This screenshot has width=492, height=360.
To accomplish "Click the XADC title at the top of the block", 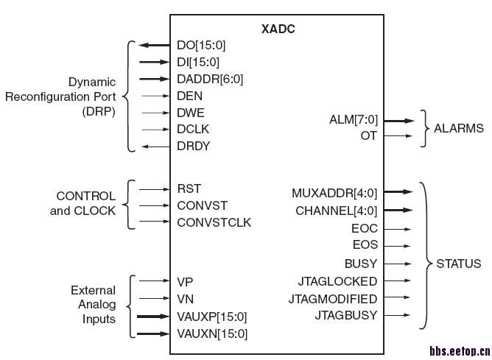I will (278, 29).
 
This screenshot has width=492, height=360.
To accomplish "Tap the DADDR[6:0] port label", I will (210, 79).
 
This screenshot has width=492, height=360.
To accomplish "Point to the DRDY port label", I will (194, 146).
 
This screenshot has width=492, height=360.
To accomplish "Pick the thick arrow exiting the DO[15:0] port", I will (154, 46).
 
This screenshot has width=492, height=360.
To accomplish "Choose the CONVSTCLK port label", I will (214, 222).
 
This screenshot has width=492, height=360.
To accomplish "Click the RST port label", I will (189, 189).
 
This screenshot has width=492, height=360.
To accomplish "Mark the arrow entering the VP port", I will (154, 280).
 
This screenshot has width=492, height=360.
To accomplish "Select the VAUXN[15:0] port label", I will (212, 333).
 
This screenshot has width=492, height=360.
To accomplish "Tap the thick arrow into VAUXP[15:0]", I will (154, 317).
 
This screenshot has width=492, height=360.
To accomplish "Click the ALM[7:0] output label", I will (353, 119).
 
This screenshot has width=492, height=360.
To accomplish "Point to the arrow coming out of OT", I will (398, 136).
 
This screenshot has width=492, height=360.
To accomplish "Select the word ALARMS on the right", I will (459, 128).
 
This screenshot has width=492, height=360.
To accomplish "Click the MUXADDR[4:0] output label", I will (334, 194).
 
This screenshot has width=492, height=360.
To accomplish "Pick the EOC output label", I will (365, 229).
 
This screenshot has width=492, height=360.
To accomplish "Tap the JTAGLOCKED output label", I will (337, 281).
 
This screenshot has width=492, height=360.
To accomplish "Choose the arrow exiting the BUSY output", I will (398, 263).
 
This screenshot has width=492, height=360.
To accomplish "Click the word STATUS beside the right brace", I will (459, 264).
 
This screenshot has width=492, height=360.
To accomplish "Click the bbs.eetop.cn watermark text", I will (459, 352).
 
